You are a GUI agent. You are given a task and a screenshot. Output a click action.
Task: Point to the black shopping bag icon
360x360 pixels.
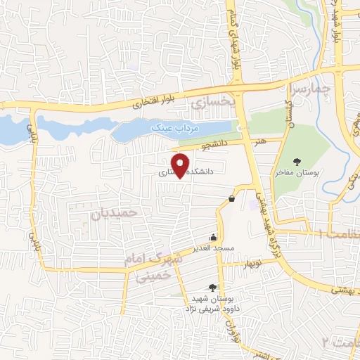click(231, 199)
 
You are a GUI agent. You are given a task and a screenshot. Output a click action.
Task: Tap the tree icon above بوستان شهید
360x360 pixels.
click(213, 287)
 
